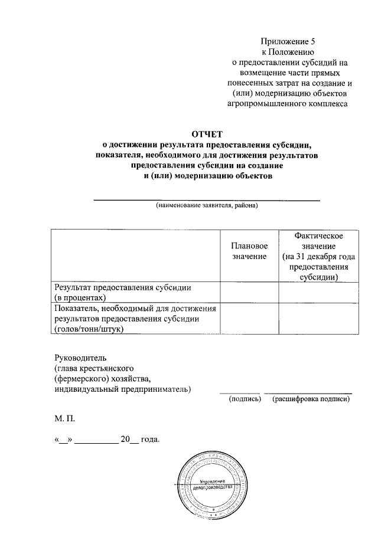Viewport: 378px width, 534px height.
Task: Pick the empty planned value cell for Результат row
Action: tap(249, 293)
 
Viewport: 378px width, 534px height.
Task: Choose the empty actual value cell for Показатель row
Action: tap(318, 319)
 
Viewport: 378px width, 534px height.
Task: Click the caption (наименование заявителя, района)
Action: tap(207, 206)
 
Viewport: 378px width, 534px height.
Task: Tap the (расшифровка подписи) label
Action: tap(311, 399)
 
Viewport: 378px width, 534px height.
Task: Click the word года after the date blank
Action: tap(151, 440)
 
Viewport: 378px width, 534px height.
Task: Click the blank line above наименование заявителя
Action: tap(207, 200)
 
